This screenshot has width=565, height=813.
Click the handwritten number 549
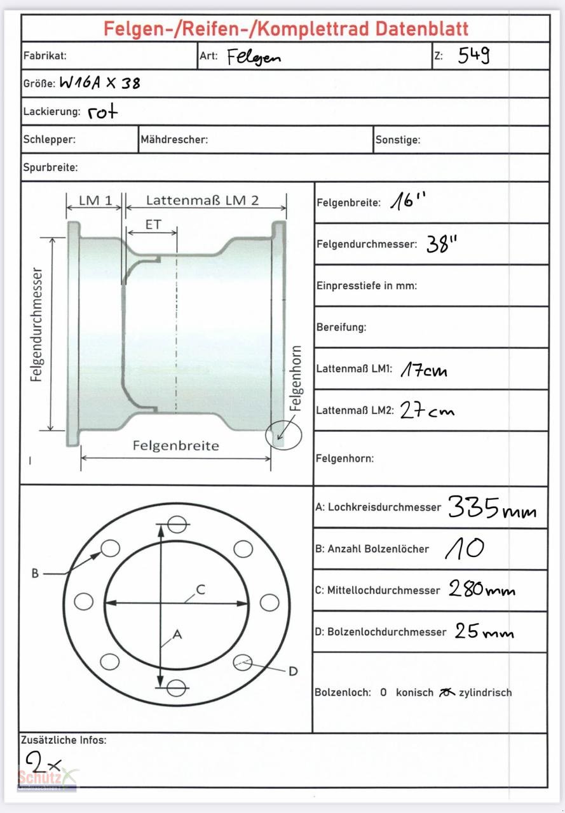[x=473, y=56]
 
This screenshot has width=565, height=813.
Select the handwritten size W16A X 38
[x=100, y=83]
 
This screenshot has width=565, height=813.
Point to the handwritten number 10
[x=465, y=549]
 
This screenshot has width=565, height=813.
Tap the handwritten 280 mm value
[x=482, y=589]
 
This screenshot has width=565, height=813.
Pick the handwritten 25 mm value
[x=484, y=631]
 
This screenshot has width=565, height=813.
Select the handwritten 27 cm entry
[x=427, y=411]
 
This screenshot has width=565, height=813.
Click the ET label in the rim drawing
[x=153, y=225]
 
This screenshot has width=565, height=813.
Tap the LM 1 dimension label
[x=95, y=201]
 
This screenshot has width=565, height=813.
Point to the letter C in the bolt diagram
[x=200, y=590]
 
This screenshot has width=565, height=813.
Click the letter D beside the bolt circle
[x=293, y=671]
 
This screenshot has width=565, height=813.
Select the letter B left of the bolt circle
[x=35, y=574]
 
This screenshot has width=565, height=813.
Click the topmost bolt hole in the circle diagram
[x=177, y=525]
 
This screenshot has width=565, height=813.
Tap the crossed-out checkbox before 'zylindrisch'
[x=447, y=692]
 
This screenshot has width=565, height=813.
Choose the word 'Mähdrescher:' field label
[x=174, y=140]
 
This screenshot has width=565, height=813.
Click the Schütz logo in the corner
[x=48, y=779]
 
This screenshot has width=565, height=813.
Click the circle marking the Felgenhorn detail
[x=283, y=435]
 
